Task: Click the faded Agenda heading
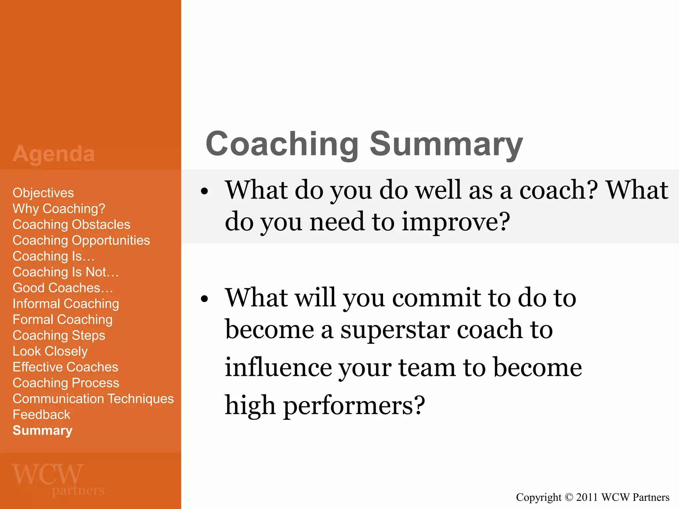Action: [x=54, y=154]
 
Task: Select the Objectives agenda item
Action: [x=43, y=193]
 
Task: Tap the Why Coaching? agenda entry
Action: [x=59, y=209]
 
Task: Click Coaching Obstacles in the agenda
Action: [x=71, y=225]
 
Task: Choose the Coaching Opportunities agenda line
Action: [x=81, y=241]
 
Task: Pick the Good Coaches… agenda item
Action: [x=63, y=288]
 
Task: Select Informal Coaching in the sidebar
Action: [x=66, y=304]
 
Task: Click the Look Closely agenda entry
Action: [x=50, y=351]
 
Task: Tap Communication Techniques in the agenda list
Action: [x=93, y=399]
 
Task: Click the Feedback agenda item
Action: [x=41, y=415]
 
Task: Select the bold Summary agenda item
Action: [x=42, y=430]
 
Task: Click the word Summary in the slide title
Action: [x=446, y=144]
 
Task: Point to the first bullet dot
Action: [x=205, y=192]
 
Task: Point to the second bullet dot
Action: [x=205, y=299]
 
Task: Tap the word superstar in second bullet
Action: [x=395, y=330]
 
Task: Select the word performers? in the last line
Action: [x=354, y=406]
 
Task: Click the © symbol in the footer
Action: [x=569, y=497]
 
